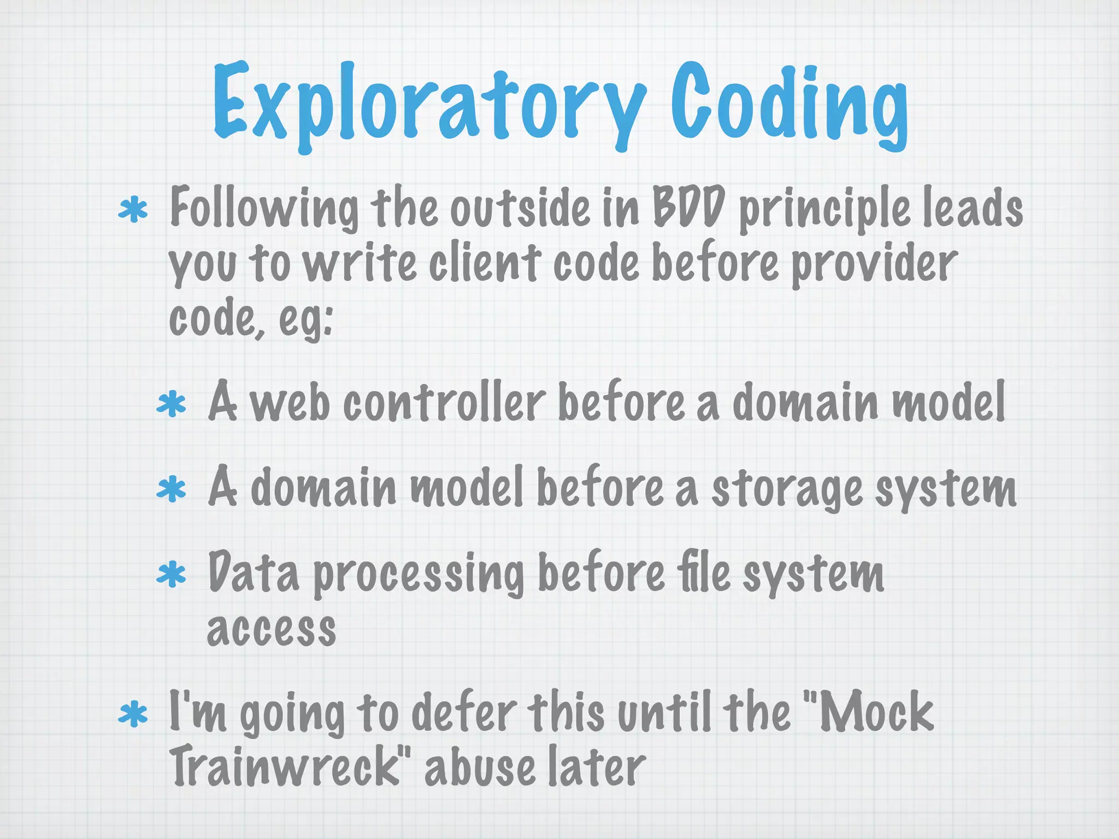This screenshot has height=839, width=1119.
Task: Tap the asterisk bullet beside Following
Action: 133,211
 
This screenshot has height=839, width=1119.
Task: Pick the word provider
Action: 874,265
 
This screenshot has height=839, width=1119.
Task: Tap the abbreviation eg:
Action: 306,320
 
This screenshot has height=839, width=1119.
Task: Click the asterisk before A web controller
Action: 172,404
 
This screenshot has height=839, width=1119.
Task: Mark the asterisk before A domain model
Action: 172,489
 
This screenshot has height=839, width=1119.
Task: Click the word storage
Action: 787,489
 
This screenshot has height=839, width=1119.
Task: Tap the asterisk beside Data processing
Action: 172,575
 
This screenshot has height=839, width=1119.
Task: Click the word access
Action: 271,629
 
